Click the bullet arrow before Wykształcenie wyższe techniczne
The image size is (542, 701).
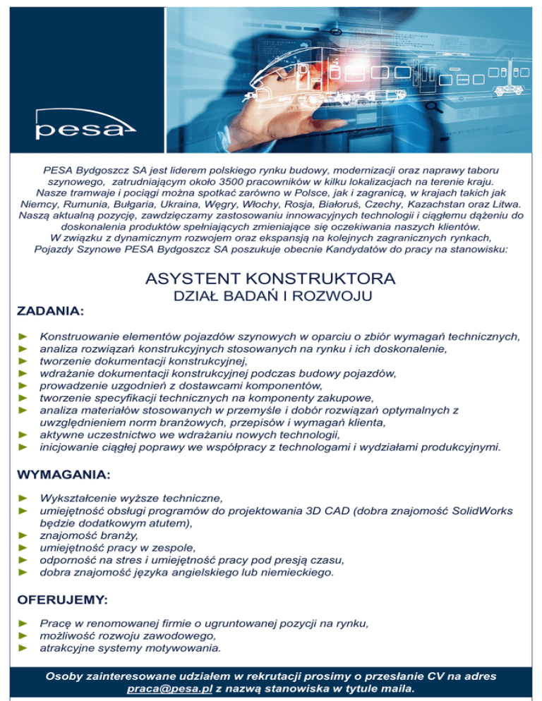click(x=22, y=499)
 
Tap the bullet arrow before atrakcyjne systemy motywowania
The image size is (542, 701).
click(x=22, y=647)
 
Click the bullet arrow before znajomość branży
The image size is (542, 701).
click(x=22, y=535)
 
